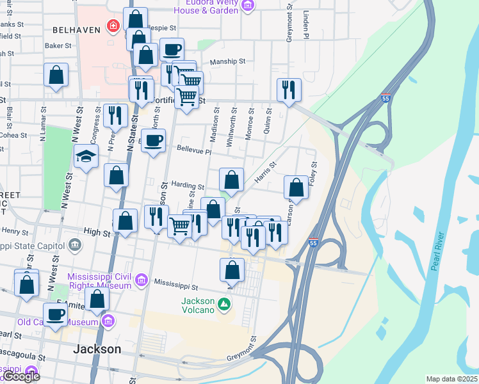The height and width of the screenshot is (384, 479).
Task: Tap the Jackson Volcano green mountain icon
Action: tap(223, 303)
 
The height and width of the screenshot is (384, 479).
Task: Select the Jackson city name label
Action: tap(97, 349)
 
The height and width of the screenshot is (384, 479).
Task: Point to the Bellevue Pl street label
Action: tap(195, 152)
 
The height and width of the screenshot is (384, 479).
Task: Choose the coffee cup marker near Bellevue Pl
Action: tap(152, 141)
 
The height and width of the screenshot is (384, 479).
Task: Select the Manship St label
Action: tap(228, 62)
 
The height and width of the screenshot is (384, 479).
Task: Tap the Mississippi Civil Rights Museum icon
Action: tap(140, 280)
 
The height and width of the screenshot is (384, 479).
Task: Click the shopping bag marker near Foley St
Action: tap(296, 188)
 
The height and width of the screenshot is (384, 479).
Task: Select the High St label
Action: tap(97, 231)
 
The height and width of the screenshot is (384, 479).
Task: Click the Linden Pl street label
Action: tap(306, 26)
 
